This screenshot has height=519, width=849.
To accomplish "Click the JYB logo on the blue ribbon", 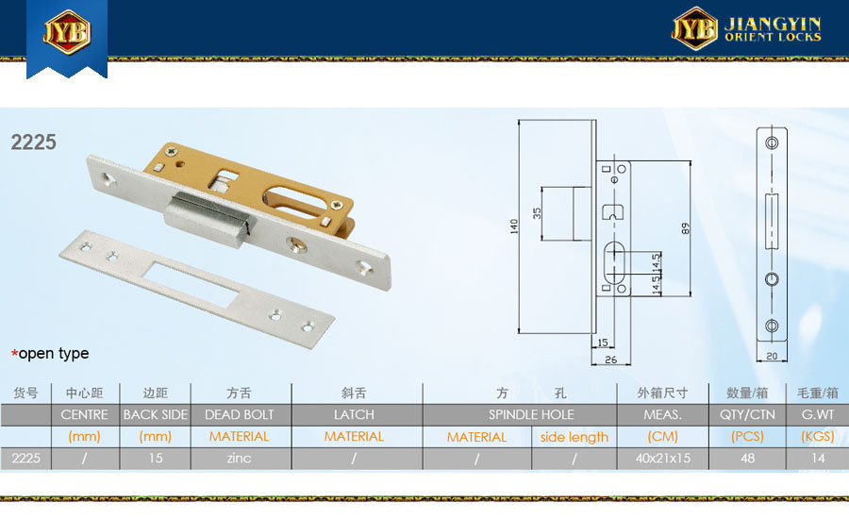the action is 67,32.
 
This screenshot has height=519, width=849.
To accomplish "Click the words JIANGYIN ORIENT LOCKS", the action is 773,29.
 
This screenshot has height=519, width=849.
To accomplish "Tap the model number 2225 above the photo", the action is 34,142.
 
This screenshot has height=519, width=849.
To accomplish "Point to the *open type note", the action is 50,353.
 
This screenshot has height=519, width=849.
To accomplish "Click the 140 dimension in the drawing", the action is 514,226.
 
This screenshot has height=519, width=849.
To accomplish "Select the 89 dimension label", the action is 686,228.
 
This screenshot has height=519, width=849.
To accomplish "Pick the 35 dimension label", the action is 537,213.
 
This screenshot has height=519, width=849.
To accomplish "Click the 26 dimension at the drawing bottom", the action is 610,360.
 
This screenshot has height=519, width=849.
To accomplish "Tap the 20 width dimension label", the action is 772,356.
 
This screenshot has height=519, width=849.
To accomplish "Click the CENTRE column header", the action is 85,414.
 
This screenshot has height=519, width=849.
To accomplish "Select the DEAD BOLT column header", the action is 240,414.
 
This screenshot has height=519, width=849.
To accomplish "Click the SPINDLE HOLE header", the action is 531,414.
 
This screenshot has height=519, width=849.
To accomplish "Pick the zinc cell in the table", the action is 239,459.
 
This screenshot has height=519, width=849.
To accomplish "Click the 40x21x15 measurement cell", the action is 663,459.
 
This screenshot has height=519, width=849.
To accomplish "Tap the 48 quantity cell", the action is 747,459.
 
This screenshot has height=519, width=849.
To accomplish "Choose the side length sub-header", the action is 574,437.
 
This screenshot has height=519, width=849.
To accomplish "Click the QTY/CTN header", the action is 747,414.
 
